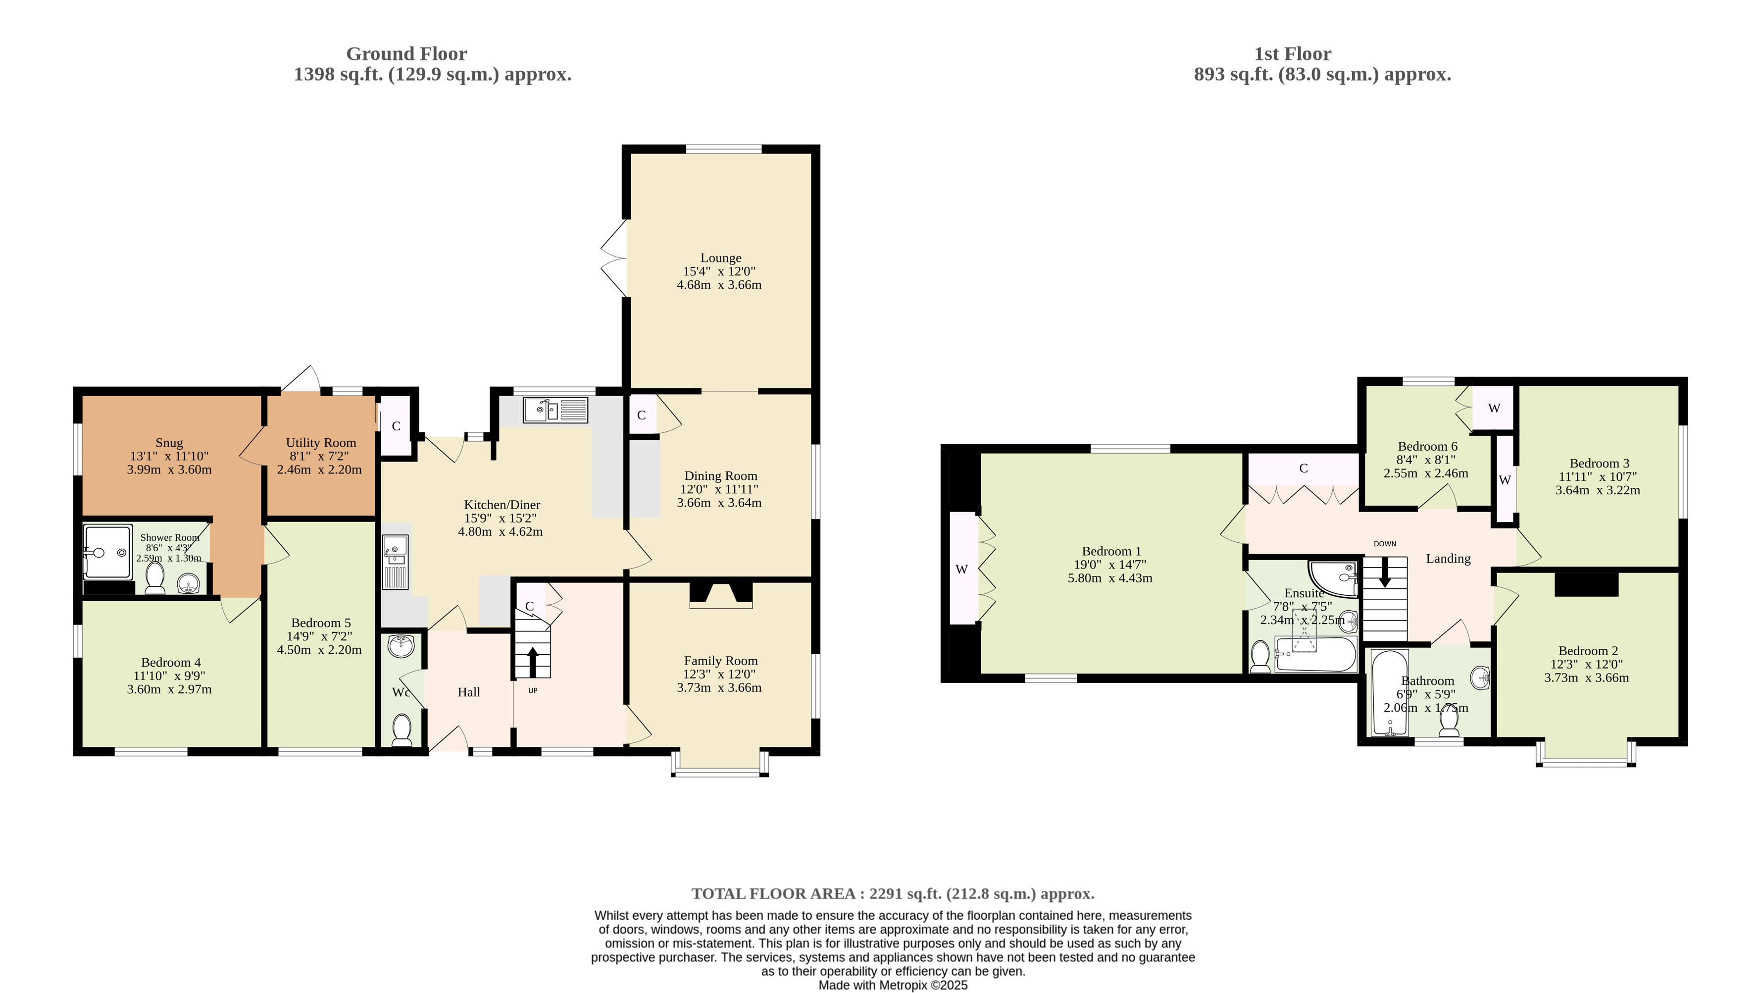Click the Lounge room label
[720, 258]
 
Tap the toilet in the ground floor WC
[402, 730]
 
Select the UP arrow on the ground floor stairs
[533, 661]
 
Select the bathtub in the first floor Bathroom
[1390, 692]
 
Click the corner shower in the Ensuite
[1333, 578]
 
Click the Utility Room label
[321, 442]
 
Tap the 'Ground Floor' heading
[407, 53]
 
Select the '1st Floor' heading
[1293, 53]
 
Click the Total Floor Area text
[893, 893]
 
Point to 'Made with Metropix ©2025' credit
[893, 985]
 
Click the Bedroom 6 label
[1427, 446]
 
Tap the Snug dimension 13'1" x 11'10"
[169, 456]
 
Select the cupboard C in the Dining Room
[641, 415]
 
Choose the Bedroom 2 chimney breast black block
[1587, 583]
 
